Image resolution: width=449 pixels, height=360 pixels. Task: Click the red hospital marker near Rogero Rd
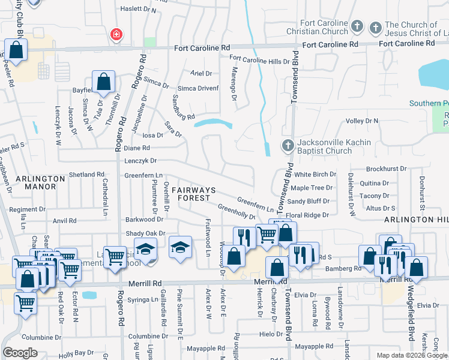pos(115,35)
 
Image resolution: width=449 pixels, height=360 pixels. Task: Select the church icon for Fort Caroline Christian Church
pos(357,26)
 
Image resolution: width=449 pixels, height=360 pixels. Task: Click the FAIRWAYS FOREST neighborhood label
pos(191,194)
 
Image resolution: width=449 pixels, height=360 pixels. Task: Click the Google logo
pos(20,352)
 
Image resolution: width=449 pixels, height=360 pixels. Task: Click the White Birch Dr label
pos(315,175)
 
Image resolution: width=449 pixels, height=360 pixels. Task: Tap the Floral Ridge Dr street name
pos(308,215)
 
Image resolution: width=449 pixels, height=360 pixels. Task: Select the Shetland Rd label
pos(86,175)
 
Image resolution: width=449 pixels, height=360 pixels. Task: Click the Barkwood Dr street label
pos(140,220)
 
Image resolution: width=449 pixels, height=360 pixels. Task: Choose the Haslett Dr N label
pos(139,10)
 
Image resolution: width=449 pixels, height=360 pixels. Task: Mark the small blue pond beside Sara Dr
pos(213,124)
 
